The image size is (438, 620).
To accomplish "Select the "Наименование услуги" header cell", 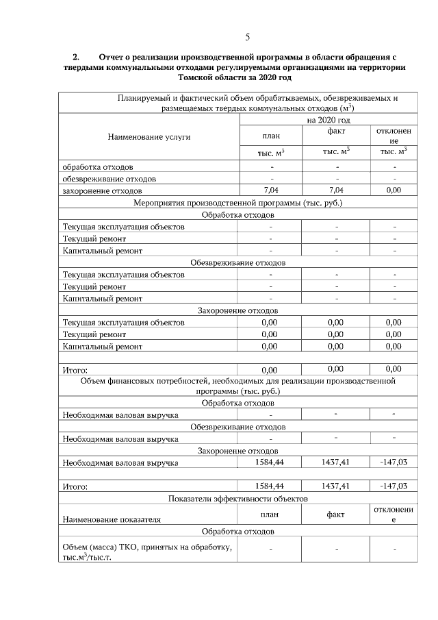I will tap(149, 137).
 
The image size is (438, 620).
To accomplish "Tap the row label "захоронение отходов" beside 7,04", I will tap(103, 190).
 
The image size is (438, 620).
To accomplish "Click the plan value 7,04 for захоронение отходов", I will tap(271, 190).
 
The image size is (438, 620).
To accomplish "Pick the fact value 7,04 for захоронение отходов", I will tap(336, 190).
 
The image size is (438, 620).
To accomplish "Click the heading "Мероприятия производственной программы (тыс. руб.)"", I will tap(237, 203).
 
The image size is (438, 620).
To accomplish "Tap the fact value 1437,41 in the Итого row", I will tap(336, 486).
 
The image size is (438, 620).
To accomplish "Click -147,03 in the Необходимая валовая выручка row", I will tap(394, 462).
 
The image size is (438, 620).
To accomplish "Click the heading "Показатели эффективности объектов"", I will tap(237, 498).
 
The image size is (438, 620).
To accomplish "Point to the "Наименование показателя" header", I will tap(112, 519).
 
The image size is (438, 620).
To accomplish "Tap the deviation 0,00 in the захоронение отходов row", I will tap(394, 190).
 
